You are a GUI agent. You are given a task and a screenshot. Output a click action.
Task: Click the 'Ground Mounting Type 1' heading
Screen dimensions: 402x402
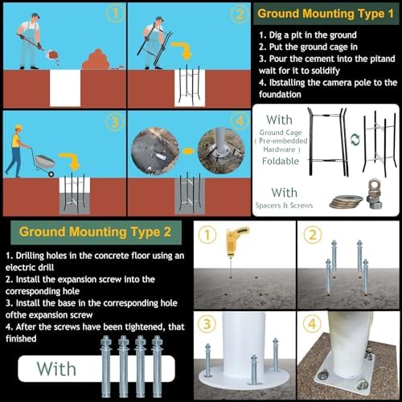(x=326, y=14)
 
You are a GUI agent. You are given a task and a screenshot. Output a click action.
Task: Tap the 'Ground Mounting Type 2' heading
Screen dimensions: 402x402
(x=95, y=232)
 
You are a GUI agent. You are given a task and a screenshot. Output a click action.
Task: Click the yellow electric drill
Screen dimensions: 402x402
(x=236, y=241)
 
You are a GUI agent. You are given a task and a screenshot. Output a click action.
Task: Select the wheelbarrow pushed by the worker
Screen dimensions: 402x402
(x=45, y=162)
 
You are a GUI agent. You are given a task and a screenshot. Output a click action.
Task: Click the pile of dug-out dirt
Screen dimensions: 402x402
(x=96, y=60)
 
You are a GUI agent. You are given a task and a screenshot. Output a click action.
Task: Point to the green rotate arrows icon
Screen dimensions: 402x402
(x=355, y=140)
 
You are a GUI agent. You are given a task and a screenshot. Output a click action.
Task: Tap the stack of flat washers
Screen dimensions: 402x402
(x=346, y=201)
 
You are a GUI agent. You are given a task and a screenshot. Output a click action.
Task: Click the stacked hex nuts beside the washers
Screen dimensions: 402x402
(x=374, y=194)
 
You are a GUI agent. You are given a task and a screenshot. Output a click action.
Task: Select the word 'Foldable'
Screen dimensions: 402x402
(x=281, y=161)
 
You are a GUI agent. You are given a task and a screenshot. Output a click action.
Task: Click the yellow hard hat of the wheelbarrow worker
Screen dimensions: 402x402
(x=18, y=127)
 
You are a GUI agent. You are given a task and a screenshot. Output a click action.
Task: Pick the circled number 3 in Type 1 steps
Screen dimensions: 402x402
(x=115, y=122)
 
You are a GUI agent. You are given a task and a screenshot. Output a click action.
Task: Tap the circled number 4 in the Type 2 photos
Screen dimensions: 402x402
(x=312, y=323)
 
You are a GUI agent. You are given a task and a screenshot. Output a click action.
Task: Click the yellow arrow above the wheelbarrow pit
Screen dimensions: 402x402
(x=70, y=161)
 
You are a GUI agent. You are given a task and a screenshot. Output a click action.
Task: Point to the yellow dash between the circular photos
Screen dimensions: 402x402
(x=188, y=151)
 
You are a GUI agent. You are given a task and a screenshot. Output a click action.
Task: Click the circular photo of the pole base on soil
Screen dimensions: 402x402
(x=221, y=151)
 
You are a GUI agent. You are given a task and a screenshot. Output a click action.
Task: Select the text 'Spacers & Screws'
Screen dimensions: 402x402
(x=284, y=206)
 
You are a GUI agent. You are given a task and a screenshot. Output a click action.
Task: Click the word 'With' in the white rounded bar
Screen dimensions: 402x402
(x=56, y=369)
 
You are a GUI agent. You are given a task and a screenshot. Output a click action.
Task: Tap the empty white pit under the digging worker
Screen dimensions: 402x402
(x=65, y=88)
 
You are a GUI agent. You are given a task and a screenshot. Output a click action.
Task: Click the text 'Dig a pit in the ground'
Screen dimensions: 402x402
(x=313, y=35)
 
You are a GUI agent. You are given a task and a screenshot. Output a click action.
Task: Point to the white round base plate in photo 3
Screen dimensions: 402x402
(x=244, y=378)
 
